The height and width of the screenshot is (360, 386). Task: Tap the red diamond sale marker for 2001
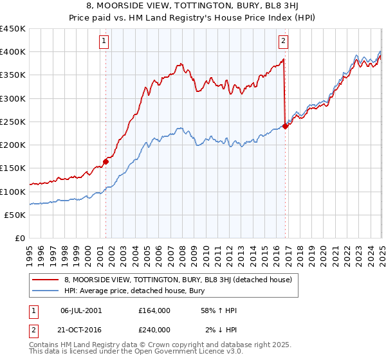(x=106, y=162)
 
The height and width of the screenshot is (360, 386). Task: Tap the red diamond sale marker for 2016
(x=285, y=127)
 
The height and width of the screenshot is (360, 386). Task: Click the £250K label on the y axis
(x=13, y=122)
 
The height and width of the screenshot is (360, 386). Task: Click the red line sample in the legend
(x=46, y=280)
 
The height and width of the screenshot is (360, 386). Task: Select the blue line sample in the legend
(x=46, y=291)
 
